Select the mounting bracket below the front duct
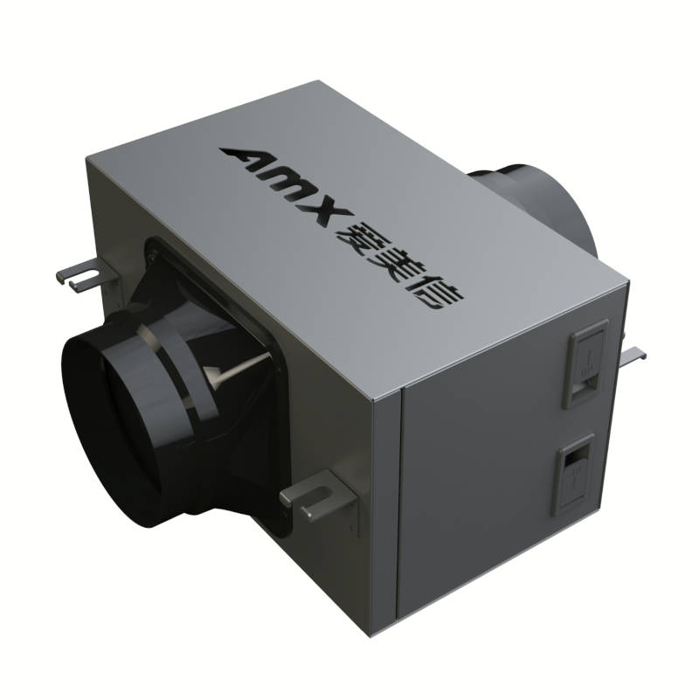click(x=315, y=497)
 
